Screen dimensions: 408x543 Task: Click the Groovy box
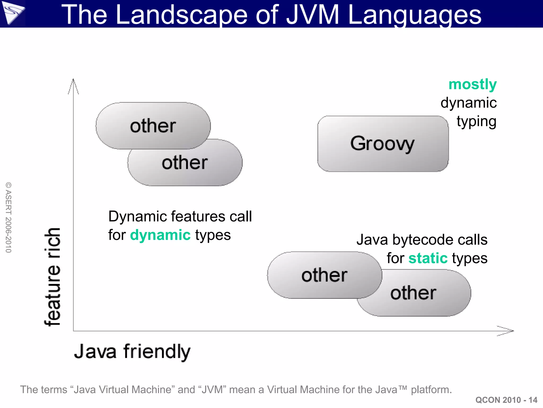click(x=383, y=144)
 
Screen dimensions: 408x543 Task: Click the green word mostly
click(x=472, y=85)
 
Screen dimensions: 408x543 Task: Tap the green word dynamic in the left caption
click(x=160, y=235)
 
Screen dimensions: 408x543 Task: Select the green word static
click(x=428, y=258)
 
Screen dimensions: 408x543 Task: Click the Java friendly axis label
click(x=132, y=351)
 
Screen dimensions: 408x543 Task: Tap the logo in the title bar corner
click(x=13, y=13)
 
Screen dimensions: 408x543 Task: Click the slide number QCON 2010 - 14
click(x=506, y=400)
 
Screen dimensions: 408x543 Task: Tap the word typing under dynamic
click(x=476, y=122)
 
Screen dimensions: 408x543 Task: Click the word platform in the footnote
click(x=431, y=390)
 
